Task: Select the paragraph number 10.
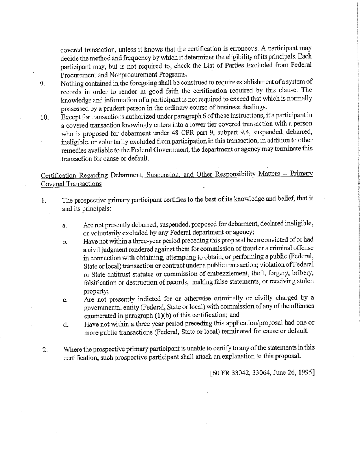click(x=44, y=117)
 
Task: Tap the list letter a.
click(x=65, y=226)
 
